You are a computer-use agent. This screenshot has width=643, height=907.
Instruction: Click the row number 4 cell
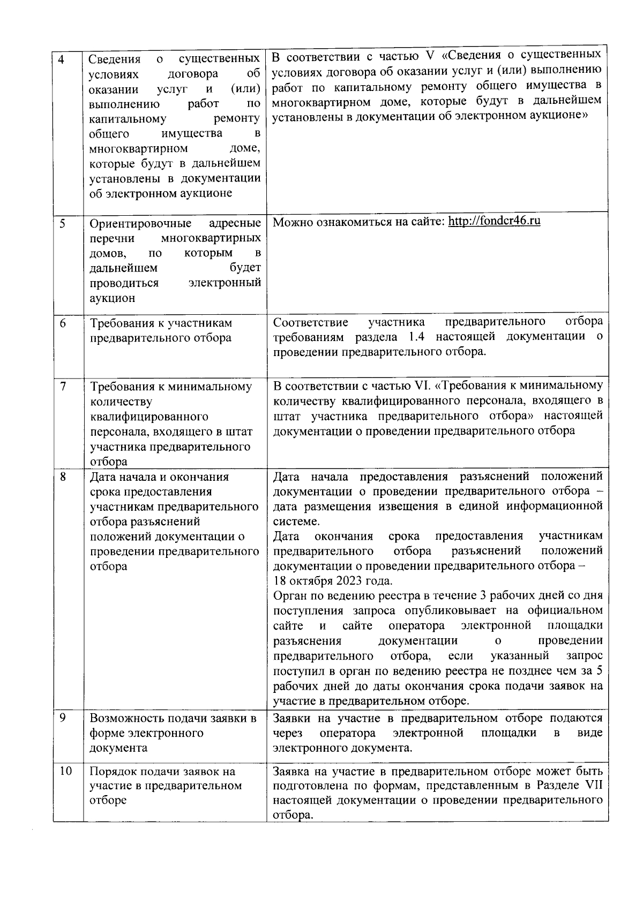(x=62, y=60)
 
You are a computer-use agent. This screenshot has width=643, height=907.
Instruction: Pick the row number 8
(x=63, y=477)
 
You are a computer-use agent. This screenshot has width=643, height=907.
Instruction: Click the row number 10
(x=65, y=772)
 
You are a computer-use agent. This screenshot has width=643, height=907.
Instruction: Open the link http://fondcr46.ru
(x=494, y=221)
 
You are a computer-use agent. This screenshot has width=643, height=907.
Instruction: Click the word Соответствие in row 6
(x=310, y=322)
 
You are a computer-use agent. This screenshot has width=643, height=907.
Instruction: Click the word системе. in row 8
(x=296, y=521)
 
